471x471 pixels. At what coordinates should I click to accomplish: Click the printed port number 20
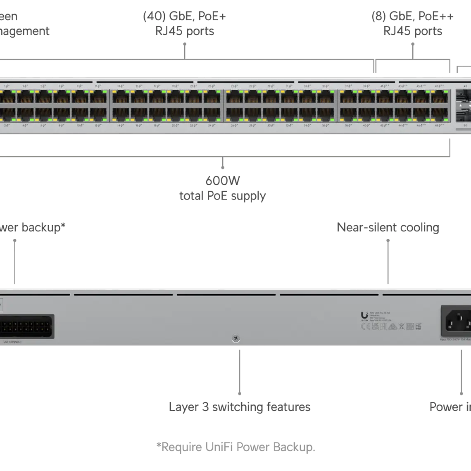click(175, 125)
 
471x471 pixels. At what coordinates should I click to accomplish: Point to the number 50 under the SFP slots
click(465, 125)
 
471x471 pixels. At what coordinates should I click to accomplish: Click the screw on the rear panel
click(235, 338)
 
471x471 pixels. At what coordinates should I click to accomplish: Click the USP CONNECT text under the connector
click(12, 342)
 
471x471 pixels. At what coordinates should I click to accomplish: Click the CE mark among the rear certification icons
click(365, 326)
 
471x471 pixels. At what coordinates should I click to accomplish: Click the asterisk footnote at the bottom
click(235, 447)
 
